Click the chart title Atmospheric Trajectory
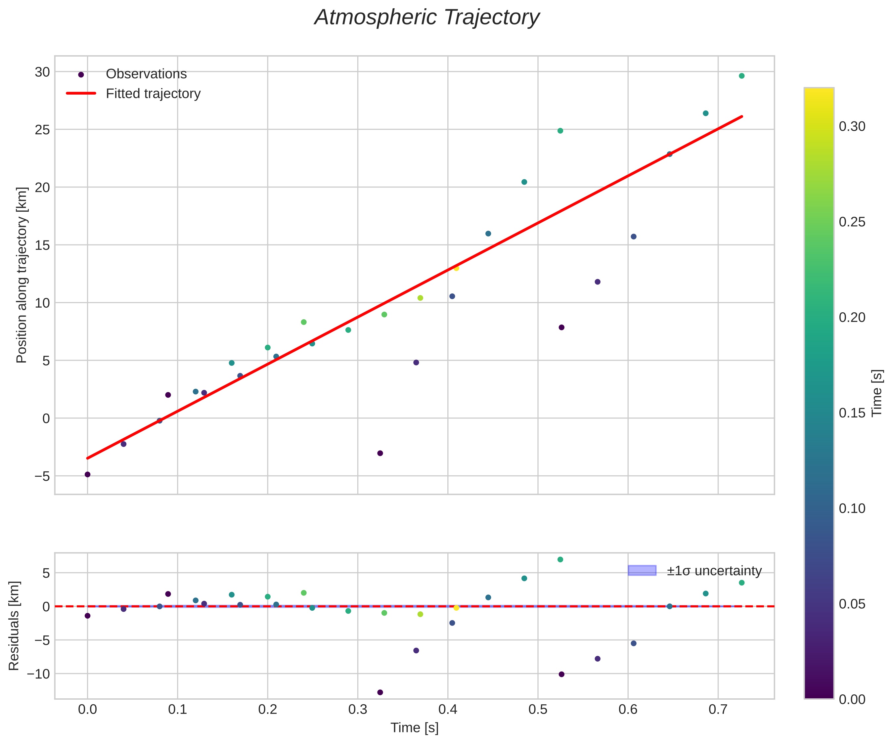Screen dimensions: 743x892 pyautogui.click(x=427, y=18)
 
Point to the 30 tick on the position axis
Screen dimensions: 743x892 pyautogui.click(x=42, y=72)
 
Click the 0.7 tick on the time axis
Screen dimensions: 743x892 pyautogui.click(x=718, y=710)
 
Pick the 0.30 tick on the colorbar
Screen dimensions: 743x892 pyautogui.click(x=852, y=127)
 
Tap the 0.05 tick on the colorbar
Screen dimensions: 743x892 pyautogui.click(x=852, y=604)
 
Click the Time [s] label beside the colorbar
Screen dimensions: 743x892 pyautogui.click(x=877, y=393)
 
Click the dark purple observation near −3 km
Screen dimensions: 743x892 pyautogui.click(x=380, y=453)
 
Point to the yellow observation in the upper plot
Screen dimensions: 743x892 pyautogui.click(x=456, y=268)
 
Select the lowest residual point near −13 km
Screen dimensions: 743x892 pyautogui.click(x=380, y=692)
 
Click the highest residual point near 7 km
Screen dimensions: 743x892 pyautogui.click(x=560, y=559)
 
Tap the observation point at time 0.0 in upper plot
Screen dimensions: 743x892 pyautogui.click(x=87, y=474)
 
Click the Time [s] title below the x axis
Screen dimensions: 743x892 pyautogui.click(x=414, y=728)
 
